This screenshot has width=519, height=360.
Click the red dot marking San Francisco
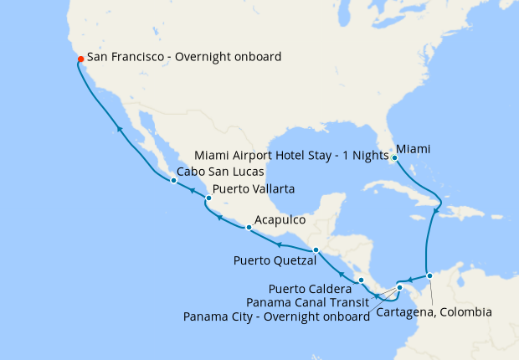coord(80,59)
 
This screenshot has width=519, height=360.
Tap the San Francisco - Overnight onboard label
coord(184,58)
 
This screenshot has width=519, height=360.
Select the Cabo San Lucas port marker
coord(173,180)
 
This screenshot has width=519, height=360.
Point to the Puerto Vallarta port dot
coord(208,198)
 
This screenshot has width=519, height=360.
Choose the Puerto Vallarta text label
coord(254,190)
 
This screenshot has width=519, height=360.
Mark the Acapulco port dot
coord(249,228)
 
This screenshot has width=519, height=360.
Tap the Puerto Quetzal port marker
coord(315,250)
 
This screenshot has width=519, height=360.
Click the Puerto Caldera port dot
coord(361,280)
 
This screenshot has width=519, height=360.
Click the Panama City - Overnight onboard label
coord(276,316)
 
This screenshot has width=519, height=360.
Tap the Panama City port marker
coord(399,289)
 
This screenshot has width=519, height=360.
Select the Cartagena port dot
coord(429,275)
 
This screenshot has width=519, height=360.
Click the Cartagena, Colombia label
coord(434,312)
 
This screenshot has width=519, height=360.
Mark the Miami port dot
coord(394,157)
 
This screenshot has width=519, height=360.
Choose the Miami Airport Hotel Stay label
coord(290,155)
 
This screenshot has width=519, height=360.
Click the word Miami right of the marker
coord(414,149)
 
